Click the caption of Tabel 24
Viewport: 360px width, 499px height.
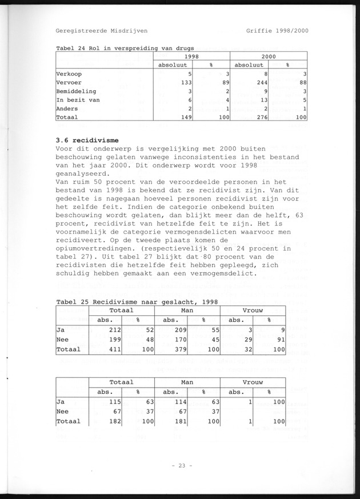pyautogui.click(x=125, y=48)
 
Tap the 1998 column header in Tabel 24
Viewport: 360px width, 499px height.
pyautogui.click(x=191, y=57)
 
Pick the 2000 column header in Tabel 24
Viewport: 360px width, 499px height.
pyautogui.click(x=269, y=57)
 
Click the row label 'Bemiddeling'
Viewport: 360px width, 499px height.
pyautogui.click(x=76, y=91)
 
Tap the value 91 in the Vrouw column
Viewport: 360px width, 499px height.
pyautogui.click(x=281, y=339)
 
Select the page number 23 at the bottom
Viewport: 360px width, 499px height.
pyautogui.click(x=180, y=465)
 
